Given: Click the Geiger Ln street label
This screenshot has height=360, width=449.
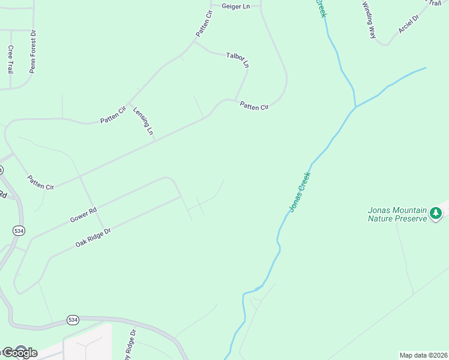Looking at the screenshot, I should tap(235, 6).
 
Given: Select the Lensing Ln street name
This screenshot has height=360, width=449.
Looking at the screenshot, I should tap(143, 122).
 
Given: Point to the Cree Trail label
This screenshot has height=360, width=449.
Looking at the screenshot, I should tap(10, 59).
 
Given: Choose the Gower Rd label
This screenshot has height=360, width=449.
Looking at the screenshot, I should tap(83, 215).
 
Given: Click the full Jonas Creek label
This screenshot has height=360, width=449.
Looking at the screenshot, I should tap(300, 192).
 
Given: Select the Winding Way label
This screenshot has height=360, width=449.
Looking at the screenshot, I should tap(369, 20).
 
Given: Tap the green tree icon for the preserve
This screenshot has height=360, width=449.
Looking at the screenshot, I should tap(436, 212).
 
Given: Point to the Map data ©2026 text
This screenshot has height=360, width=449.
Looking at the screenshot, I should tap(423, 355).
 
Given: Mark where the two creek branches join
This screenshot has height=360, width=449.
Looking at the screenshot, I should tap(356, 107).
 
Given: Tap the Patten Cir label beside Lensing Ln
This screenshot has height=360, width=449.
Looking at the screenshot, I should tap(113, 115).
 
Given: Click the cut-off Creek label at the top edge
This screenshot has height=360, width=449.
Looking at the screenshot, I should tap(321, 8).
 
